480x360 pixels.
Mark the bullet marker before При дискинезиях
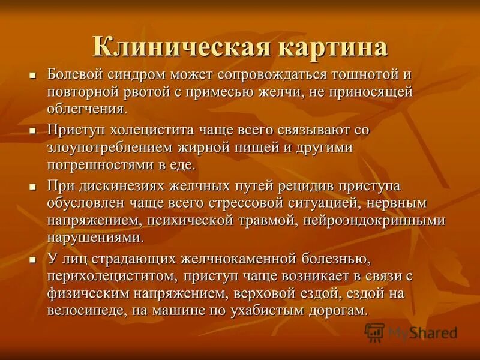[34, 187]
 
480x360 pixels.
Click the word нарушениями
[95, 237]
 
